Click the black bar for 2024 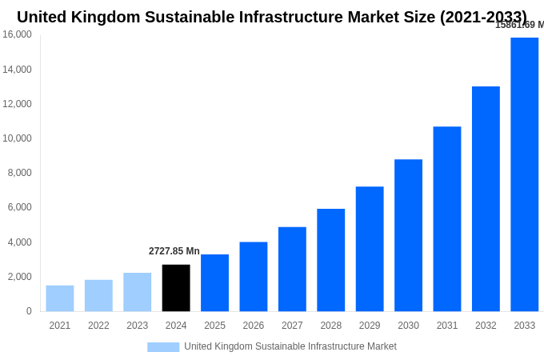[x=176, y=288]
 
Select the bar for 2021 [x=60, y=298]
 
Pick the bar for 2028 [x=330, y=260]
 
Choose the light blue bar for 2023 [x=137, y=292]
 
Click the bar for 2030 [x=408, y=235]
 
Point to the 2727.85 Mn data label [x=174, y=251]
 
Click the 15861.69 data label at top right [x=518, y=25]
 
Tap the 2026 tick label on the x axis [x=253, y=326]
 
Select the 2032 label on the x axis [x=486, y=326]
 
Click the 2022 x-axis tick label [x=98, y=326]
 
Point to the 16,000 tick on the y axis [x=18, y=34]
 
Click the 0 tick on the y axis [x=29, y=311]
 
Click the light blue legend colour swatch [x=163, y=347]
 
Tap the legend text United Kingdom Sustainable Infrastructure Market [x=290, y=346]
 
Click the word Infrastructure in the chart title [x=296, y=17]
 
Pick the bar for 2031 [x=447, y=219]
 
